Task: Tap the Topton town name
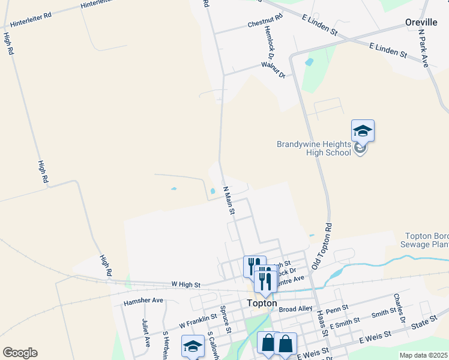(262, 304)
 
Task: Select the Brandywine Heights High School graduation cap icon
(363, 130)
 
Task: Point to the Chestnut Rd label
(265, 25)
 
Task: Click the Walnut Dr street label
(273, 70)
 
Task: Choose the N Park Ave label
(427, 48)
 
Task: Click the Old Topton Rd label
(322, 247)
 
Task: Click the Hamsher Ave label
(143, 300)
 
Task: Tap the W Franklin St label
(197, 321)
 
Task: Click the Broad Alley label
(296, 308)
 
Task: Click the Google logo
(20, 353)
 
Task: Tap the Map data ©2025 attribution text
(423, 355)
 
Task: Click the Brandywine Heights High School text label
(313, 148)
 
